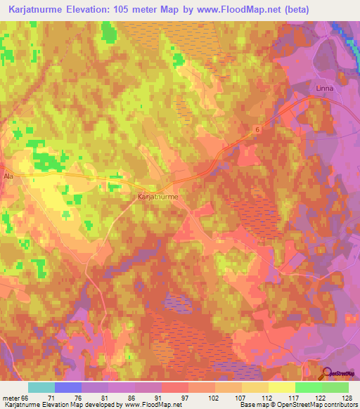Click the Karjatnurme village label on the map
[x=157, y=198]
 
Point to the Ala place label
[x=8, y=176]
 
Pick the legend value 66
[x=26, y=398]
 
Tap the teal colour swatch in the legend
[x=41, y=387]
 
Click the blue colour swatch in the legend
[x=67, y=387]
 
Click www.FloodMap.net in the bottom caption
[x=151, y=405]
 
